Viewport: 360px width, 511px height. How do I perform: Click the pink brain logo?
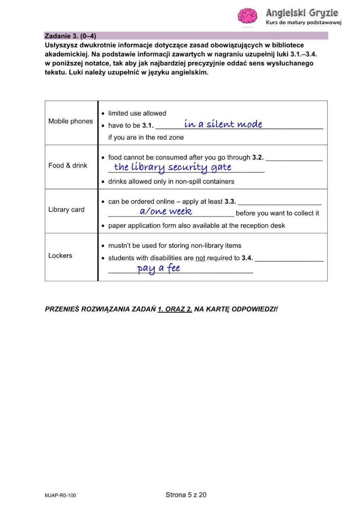click(x=247, y=16)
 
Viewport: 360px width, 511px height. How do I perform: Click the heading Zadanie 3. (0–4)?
click(x=70, y=36)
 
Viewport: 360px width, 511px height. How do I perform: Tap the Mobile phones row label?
click(x=70, y=121)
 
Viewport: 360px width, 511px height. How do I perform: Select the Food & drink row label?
click(x=67, y=166)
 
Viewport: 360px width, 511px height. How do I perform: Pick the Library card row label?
click(x=66, y=210)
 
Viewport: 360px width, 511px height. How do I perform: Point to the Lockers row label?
click(x=60, y=255)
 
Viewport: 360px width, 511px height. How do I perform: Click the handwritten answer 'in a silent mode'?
click(x=223, y=124)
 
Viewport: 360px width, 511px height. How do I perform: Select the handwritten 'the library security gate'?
click(x=173, y=167)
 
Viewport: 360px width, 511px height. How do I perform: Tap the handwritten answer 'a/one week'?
click(x=166, y=211)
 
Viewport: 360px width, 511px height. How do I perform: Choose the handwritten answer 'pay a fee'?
click(x=158, y=268)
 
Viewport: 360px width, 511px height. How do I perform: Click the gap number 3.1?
click(x=148, y=126)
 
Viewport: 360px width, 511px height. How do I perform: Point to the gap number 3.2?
click(x=258, y=157)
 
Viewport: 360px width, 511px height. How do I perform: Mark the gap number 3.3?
click(x=230, y=201)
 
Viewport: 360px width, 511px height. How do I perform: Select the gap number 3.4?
click(x=247, y=258)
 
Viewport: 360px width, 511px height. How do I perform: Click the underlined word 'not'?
click(x=200, y=258)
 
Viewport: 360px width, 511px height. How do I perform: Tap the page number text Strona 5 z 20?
click(x=186, y=495)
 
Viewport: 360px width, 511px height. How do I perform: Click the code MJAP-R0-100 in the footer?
click(x=60, y=495)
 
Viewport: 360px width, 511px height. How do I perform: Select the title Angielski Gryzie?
click(x=302, y=13)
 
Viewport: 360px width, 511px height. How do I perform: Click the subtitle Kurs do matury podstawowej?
click(x=303, y=22)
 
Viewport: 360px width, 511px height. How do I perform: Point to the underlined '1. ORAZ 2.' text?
click(x=175, y=309)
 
